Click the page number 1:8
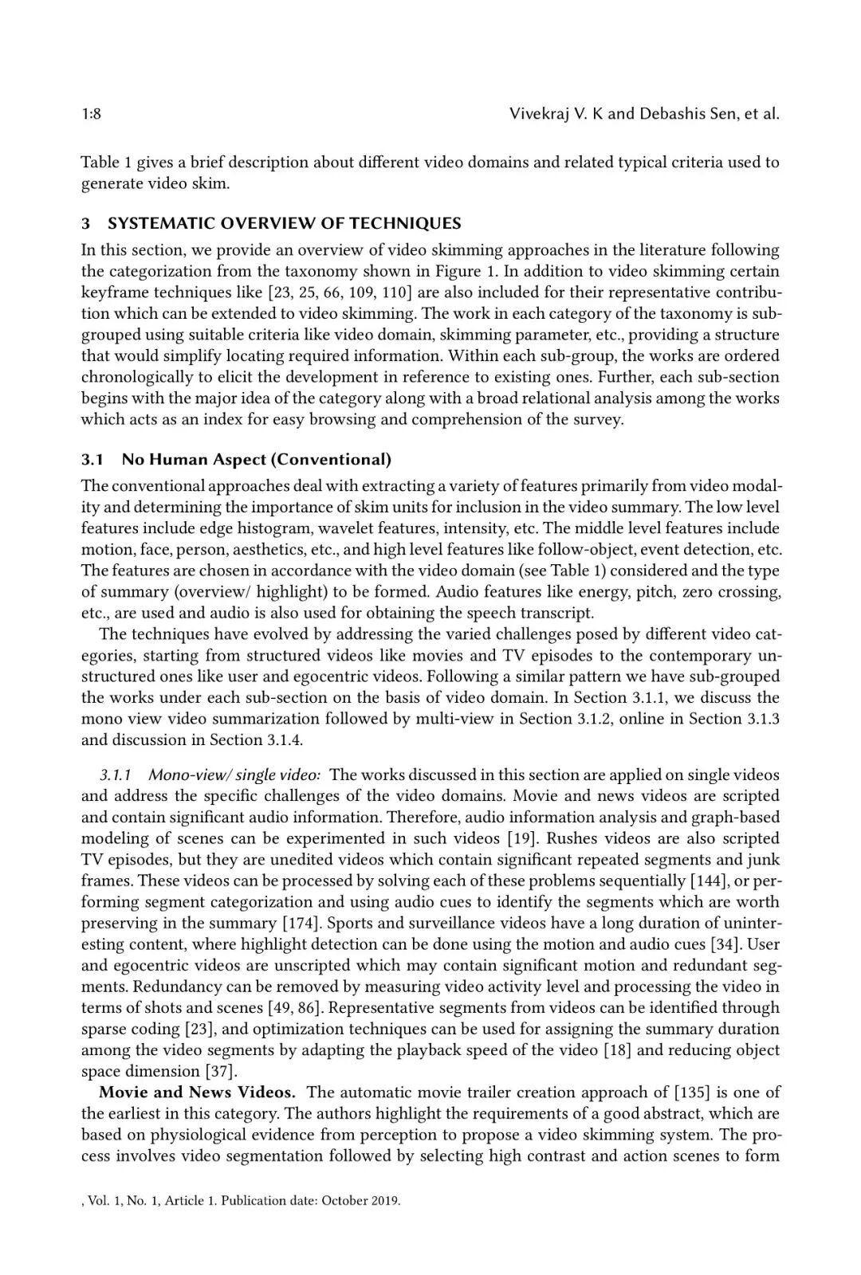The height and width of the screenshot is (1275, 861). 91,114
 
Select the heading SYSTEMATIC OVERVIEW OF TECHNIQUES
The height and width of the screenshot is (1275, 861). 284,223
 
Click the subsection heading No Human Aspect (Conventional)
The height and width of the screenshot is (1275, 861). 256,459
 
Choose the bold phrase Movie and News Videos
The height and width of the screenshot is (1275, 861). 197,1092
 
